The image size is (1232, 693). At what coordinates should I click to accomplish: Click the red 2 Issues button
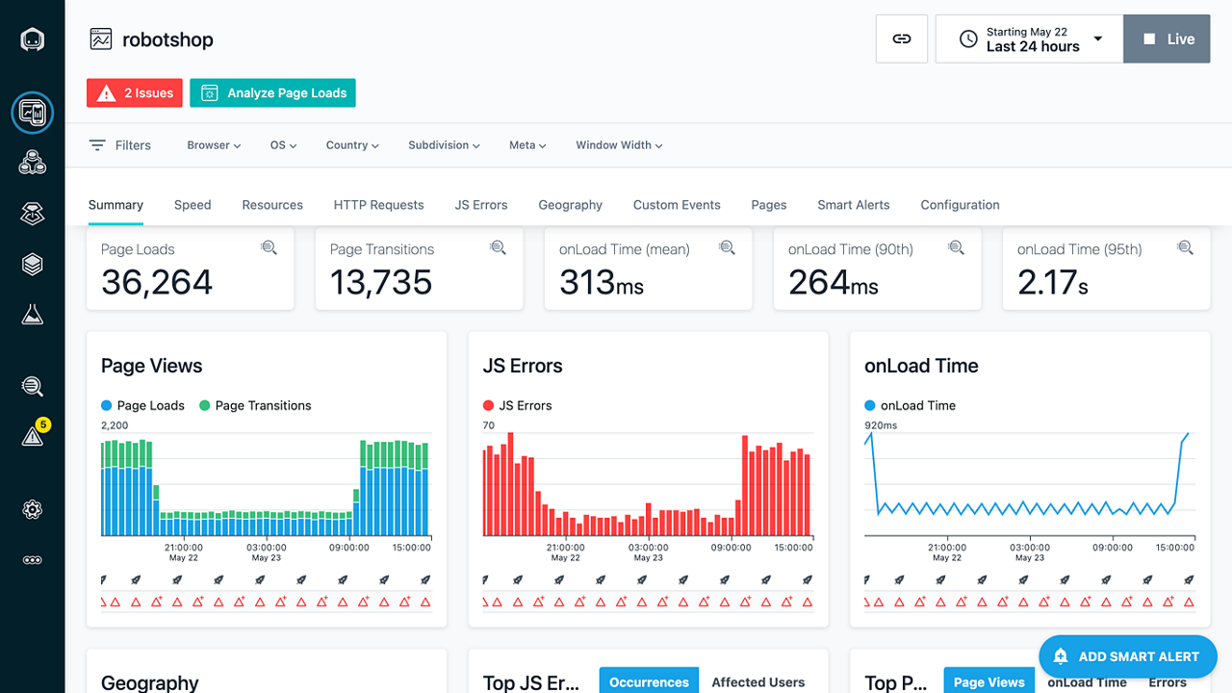click(x=135, y=93)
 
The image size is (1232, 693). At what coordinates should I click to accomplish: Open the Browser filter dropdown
click(x=214, y=145)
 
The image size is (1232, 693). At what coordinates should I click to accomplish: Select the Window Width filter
click(x=619, y=145)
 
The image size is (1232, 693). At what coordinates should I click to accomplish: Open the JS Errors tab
click(x=481, y=205)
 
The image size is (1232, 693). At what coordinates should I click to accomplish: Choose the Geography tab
click(x=570, y=205)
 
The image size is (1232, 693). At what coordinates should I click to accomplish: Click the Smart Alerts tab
click(x=853, y=205)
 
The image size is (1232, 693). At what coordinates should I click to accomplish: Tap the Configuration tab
click(x=960, y=205)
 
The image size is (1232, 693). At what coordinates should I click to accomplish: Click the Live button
click(x=1167, y=39)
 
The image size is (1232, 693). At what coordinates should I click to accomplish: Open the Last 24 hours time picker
click(x=1029, y=39)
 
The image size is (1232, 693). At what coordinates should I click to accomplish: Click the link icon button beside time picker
click(x=902, y=39)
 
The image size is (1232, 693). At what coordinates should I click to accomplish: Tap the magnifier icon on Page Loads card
click(x=269, y=248)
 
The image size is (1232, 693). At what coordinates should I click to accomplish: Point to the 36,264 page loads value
click(x=157, y=282)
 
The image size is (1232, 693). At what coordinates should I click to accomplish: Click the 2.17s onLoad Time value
click(x=1053, y=282)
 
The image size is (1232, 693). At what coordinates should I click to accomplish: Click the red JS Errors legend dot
click(x=488, y=406)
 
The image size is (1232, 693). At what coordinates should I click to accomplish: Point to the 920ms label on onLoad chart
click(x=881, y=424)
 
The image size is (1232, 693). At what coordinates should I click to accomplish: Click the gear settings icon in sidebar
click(x=33, y=509)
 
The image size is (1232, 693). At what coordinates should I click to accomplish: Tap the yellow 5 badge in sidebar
click(x=42, y=424)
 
